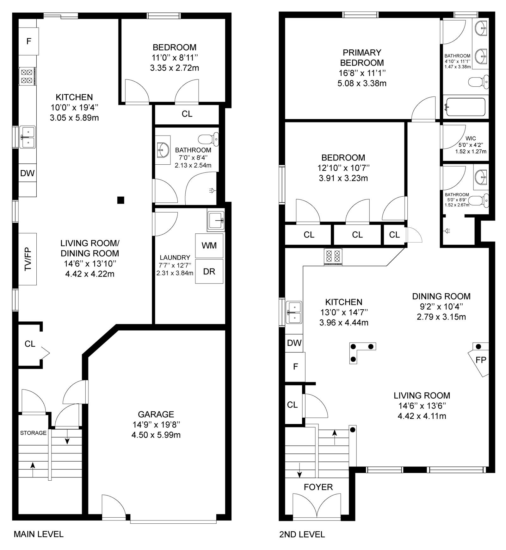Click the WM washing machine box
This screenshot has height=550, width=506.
(x=209, y=245)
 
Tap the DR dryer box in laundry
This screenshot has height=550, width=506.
(x=209, y=271)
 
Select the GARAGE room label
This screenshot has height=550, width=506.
(x=156, y=414)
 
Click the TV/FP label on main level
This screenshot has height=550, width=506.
(x=28, y=259)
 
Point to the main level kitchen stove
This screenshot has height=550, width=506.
(x=27, y=76)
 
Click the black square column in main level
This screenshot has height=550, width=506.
(x=120, y=200)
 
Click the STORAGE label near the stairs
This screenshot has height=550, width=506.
(x=33, y=433)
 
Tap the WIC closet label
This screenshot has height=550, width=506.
(x=471, y=138)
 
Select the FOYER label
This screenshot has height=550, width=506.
(x=318, y=487)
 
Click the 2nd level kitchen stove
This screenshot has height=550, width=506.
(x=333, y=257)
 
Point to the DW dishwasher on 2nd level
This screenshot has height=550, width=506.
(x=294, y=343)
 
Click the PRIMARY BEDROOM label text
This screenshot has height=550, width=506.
(x=362, y=57)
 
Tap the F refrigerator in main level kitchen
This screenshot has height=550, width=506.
(x=29, y=41)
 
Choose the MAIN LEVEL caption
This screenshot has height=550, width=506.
(x=39, y=534)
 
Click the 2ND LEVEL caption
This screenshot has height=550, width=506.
(x=302, y=534)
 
